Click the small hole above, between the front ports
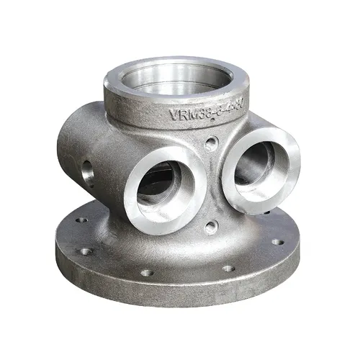tap(210, 143)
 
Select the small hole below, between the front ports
tap(210, 228)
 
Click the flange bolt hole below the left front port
tap(146, 272)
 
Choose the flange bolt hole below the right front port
tap(228, 268)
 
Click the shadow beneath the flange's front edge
tap(180, 311)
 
